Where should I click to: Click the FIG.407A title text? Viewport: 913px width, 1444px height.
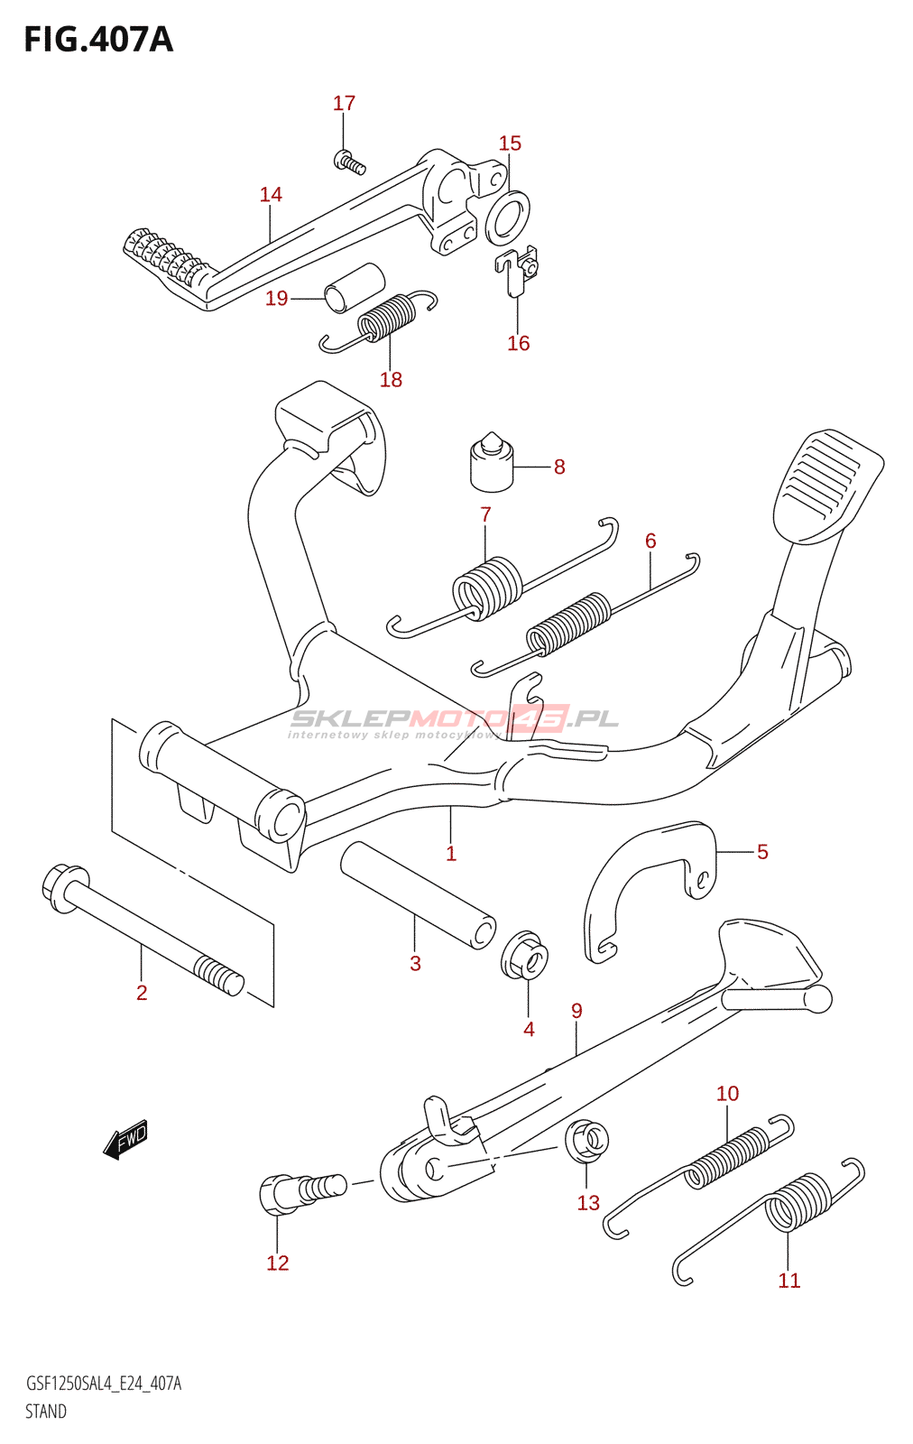[x=97, y=40]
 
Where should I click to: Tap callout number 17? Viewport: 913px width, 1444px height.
[x=344, y=104]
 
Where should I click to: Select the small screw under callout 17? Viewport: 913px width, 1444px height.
[x=349, y=163]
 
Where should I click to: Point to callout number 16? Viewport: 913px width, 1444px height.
[x=518, y=343]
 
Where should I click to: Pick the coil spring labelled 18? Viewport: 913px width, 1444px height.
[x=388, y=318]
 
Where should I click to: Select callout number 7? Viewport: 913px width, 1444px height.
[x=485, y=514]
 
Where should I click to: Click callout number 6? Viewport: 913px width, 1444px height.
[x=650, y=541]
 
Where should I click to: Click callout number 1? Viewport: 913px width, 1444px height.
[x=451, y=854]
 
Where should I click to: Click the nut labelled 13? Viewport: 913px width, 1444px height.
[x=586, y=1140]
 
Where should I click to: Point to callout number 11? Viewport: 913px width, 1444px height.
[x=788, y=1280]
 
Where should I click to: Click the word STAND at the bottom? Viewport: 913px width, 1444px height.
[x=46, y=1412]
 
